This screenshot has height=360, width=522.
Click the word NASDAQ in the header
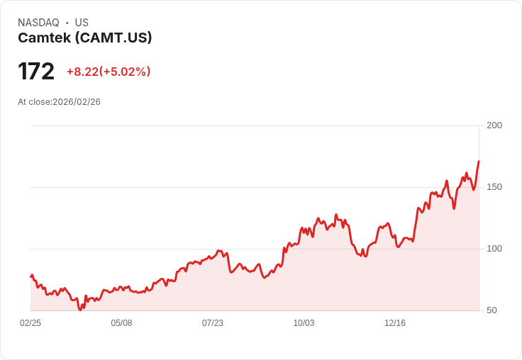pyautogui.click(x=38, y=23)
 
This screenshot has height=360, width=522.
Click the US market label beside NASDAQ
pyautogui.click(x=82, y=23)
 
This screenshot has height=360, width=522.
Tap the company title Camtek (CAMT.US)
pyautogui.click(x=85, y=38)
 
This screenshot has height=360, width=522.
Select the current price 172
pyautogui.click(x=36, y=72)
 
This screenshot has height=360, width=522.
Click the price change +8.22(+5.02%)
pyautogui.click(x=109, y=72)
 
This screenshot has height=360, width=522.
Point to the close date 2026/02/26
pyautogui.click(x=77, y=102)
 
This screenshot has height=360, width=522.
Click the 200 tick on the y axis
pyautogui.click(x=494, y=125)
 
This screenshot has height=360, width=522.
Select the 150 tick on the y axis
pyautogui.click(x=494, y=187)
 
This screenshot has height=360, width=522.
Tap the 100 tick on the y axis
pyautogui.click(x=494, y=249)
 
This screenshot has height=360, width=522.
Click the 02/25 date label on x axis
pyautogui.click(x=30, y=323)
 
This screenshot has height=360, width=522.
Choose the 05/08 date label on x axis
pyautogui.click(x=121, y=323)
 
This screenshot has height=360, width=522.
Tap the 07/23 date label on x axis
pyautogui.click(x=213, y=323)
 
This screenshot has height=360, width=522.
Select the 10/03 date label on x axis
pyautogui.click(x=304, y=323)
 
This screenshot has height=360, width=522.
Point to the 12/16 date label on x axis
pyautogui.click(x=395, y=323)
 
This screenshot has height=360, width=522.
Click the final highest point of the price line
pyautogui.click(x=479, y=162)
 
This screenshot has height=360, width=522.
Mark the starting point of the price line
pyautogui.click(x=30, y=276)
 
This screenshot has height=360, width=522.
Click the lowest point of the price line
pyautogui.click(x=80, y=310)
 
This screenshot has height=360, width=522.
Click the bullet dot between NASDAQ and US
pyautogui.click(x=67, y=23)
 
